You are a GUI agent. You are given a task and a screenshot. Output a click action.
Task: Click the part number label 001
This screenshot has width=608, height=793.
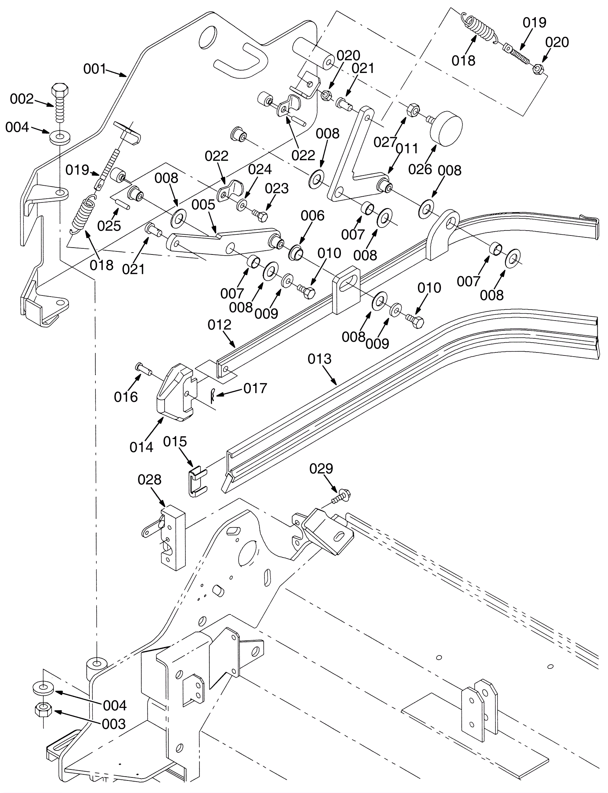95,69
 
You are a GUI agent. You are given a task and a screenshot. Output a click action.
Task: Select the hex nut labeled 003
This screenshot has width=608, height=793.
43,709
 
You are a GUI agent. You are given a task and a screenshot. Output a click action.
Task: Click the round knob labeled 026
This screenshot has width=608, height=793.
446,128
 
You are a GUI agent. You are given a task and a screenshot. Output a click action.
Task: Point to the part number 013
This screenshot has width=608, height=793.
320,359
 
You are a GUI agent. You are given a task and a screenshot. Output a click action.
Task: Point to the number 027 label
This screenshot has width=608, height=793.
385,142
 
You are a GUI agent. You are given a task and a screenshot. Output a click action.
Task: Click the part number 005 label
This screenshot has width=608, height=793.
203,205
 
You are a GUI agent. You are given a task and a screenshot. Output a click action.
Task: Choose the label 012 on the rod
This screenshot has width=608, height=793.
220,325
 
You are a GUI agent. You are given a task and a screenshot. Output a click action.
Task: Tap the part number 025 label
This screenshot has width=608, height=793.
109,226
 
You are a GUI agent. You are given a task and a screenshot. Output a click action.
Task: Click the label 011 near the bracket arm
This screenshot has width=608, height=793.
407,148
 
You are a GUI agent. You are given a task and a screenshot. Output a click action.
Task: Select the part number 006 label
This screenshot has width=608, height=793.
312,215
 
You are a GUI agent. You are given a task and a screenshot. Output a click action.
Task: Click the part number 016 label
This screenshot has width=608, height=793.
126,397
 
